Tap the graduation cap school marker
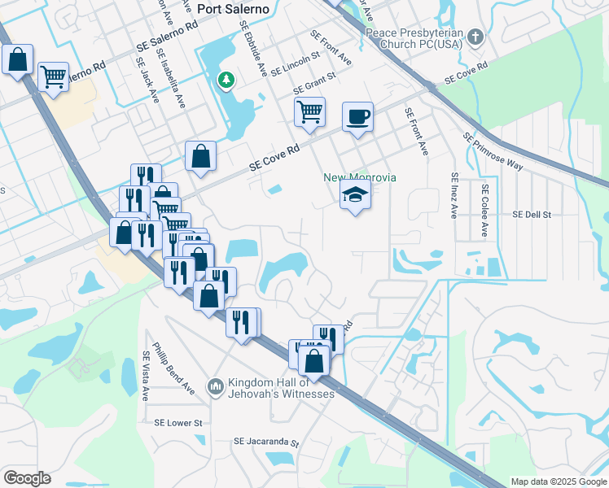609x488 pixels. tap(356, 195)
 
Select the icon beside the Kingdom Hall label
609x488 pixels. tap(216, 384)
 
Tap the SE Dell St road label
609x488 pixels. tap(532, 215)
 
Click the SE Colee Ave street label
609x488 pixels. tap(484, 210)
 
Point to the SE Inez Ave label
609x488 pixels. tap(454, 195)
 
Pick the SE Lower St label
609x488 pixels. tap(177, 423)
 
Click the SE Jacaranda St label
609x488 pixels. tap(266, 443)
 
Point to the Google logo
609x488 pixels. tap(27, 478)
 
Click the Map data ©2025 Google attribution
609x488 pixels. tap(558, 481)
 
